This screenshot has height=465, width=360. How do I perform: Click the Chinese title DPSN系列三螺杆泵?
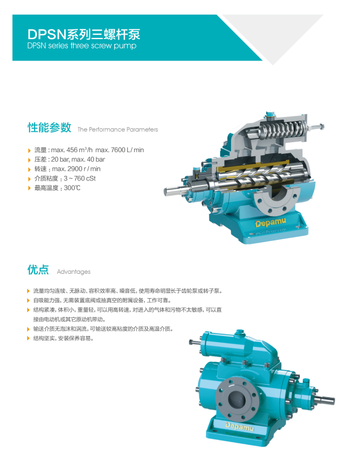[83, 35]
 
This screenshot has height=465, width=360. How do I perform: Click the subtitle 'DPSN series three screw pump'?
[82, 46]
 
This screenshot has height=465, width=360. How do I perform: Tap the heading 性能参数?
[49, 127]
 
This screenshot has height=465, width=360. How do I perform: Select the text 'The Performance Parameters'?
[118, 130]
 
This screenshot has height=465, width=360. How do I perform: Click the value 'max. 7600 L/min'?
[119, 150]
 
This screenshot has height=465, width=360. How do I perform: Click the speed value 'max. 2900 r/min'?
[76, 169]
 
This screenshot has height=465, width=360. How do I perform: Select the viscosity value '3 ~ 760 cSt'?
[80, 179]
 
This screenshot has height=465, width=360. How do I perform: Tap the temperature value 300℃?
[72, 188]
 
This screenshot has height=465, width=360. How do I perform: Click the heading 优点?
[38, 270]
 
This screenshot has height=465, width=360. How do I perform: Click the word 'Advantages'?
[74, 272]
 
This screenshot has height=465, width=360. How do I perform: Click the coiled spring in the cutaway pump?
[284, 130]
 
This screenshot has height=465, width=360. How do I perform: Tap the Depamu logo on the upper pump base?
[271, 222]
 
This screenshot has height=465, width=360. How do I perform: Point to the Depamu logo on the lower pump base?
[239, 427]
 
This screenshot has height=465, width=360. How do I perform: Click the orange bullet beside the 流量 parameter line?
[29, 150]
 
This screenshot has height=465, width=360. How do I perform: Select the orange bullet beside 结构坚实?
[29, 338]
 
